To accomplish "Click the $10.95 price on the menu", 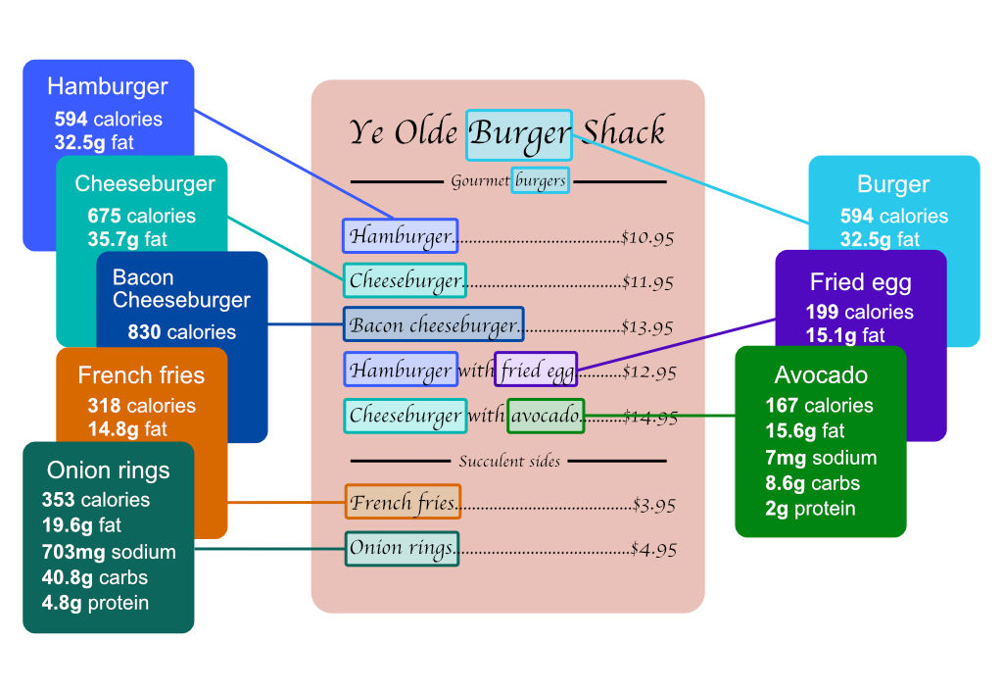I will tap(647, 237).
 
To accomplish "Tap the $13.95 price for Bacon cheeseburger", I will tap(647, 326).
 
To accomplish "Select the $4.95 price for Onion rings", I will tap(653, 549).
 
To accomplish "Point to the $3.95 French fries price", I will tap(653, 506).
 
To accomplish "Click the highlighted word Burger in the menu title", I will tap(519, 134).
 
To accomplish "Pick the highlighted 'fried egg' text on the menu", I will tap(536, 371).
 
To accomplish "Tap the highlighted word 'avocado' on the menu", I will tap(546, 416).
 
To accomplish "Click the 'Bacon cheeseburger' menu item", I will tap(433, 325).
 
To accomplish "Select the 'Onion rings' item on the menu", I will tap(402, 548).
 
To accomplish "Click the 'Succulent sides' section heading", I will tap(509, 461).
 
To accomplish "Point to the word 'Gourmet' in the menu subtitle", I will tap(480, 181).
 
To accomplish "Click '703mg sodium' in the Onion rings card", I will tap(109, 552).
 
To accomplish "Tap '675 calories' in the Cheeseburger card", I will tap(141, 216).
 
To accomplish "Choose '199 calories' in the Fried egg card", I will tap(859, 312).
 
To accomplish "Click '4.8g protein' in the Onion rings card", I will tap(95, 603).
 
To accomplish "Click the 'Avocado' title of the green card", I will tap(821, 375).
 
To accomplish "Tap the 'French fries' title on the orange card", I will tap(141, 375).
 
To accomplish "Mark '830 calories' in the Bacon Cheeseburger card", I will tap(181, 332).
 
